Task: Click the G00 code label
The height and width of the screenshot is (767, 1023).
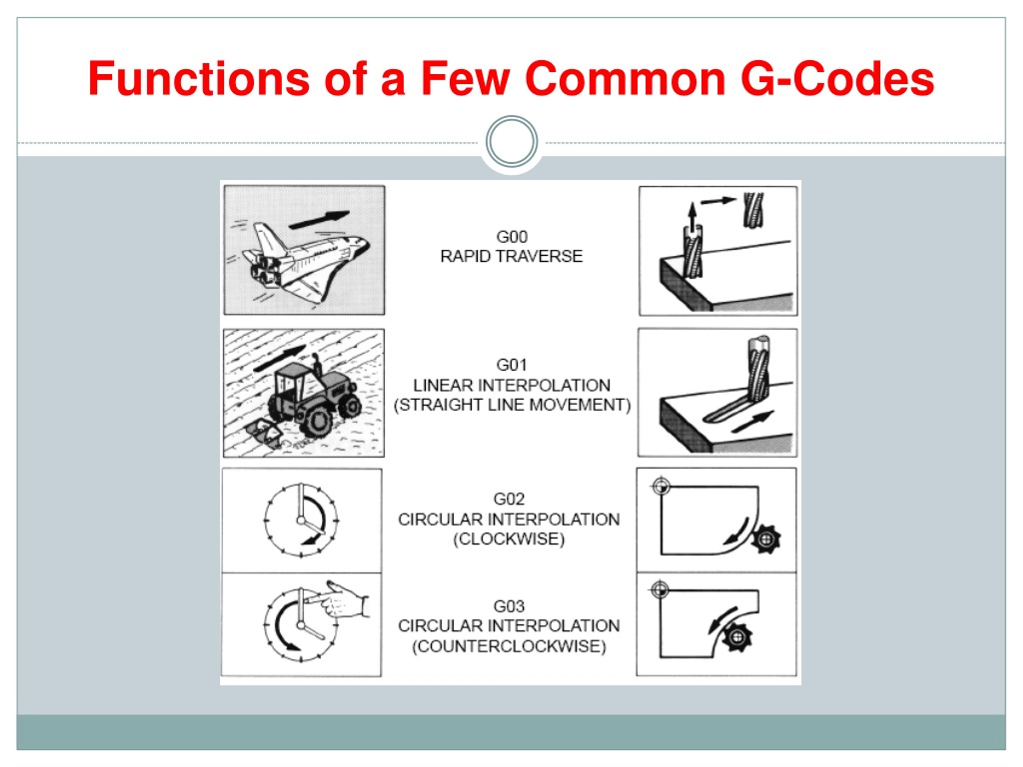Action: (511, 237)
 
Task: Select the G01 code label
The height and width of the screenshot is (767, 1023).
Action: (511, 365)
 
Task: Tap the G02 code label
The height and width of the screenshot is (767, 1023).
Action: (509, 499)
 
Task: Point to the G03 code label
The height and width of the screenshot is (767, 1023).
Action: (509, 606)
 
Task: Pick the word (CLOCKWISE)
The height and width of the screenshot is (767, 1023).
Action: (509, 539)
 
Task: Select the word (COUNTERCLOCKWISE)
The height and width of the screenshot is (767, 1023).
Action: (509, 646)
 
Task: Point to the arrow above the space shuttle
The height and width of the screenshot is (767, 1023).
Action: (319, 219)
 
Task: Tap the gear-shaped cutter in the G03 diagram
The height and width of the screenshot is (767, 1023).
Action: (738, 638)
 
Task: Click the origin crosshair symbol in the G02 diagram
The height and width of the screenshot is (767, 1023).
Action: (661, 487)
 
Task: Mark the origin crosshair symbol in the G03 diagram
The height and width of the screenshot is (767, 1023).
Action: (660, 590)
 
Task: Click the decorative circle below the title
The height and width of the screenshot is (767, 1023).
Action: (511, 141)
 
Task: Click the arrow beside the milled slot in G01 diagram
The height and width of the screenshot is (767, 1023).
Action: (752, 421)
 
